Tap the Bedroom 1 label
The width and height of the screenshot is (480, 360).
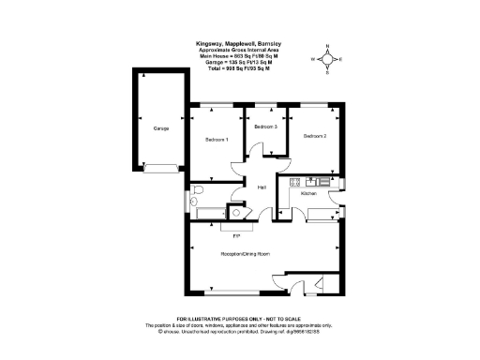217,140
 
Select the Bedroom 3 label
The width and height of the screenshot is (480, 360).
266,126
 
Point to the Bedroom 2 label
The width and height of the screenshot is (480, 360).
314,136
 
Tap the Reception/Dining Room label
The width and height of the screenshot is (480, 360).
245,254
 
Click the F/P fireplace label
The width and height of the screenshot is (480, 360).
237,234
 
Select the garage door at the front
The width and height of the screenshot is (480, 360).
159,169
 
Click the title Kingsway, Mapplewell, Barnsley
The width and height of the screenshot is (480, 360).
240,43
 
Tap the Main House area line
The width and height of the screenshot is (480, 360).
240,56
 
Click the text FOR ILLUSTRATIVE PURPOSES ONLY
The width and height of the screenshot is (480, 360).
240,319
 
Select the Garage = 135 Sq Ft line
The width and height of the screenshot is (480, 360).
240,62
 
